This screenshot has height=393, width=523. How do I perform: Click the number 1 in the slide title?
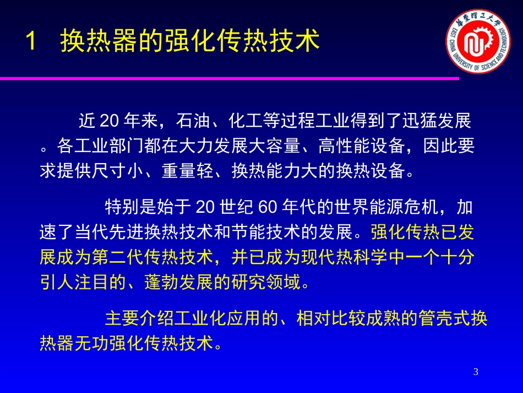(31, 41)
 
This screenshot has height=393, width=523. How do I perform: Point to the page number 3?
(476, 373)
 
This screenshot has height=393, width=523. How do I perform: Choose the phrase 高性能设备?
(364, 146)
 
